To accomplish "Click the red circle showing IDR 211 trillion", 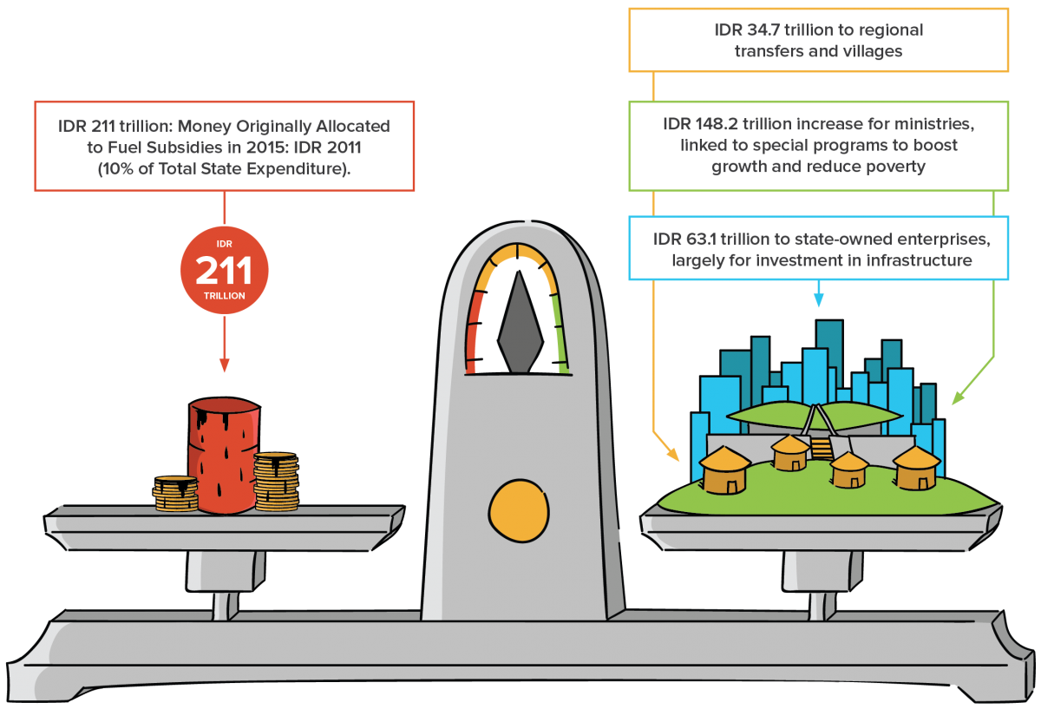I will tap(224, 272).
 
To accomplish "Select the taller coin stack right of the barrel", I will tap(276, 481).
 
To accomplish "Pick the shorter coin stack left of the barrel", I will tap(175, 493).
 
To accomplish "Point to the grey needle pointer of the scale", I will tap(520, 323).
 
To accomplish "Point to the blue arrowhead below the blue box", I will tap(818, 300).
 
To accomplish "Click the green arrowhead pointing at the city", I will tap(957, 398).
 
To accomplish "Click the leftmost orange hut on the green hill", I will tap(725, 469).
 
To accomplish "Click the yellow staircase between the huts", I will tap(821, 448).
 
